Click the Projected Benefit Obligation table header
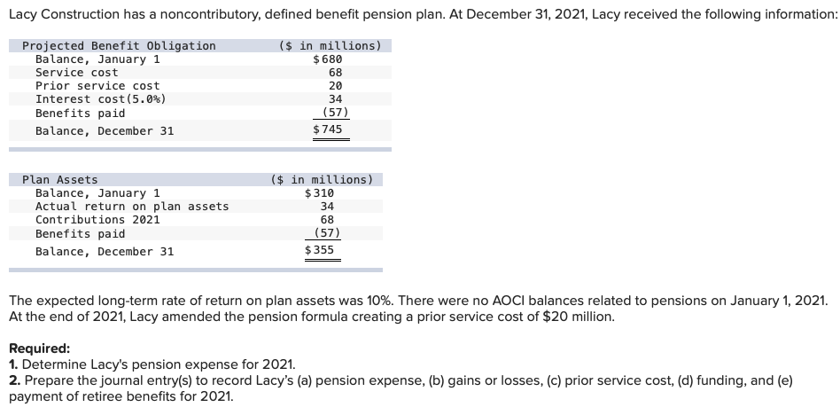coord(119,46)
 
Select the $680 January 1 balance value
coord(328,59)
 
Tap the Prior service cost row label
coord(97,86)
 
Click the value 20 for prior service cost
coord(335,86)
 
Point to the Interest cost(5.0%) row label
coord(100,99)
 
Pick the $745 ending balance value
coord(328,130)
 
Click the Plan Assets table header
coord(60,180)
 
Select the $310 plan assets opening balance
coord(319,193)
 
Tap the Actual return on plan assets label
coord(132,207)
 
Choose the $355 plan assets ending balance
coord(319,251)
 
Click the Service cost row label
coord(76,73)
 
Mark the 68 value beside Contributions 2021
coord(326,220)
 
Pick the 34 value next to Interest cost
coord(335,99)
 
